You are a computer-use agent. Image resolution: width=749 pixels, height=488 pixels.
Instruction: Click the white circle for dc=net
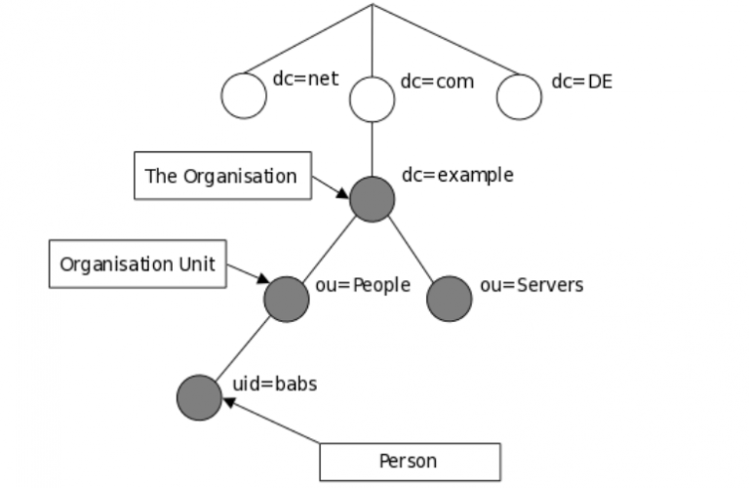click(243, 96)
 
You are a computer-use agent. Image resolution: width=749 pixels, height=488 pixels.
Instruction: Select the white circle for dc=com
click(372, 99)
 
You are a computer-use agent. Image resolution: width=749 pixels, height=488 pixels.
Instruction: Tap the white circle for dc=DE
click(518, 96)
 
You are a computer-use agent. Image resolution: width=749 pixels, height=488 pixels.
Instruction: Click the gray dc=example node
click(372, 199)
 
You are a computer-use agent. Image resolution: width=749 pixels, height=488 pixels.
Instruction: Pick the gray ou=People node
click(287, 299)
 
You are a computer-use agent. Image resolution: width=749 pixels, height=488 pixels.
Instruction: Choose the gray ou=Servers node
click(450, 299)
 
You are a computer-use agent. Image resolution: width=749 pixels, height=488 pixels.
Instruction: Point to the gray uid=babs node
click(200, 397)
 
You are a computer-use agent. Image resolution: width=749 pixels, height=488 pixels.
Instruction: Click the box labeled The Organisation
click(220, 177)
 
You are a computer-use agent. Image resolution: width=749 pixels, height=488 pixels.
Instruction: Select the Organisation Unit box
click(137, 264)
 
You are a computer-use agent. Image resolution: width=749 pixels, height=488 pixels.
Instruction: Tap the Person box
click(409, 461)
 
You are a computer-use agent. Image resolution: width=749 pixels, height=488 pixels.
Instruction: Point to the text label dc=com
click(437, 80)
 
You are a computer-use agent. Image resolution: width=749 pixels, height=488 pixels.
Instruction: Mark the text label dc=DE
click(581, 80)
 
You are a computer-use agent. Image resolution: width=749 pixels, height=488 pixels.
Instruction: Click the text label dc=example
click(457, 176)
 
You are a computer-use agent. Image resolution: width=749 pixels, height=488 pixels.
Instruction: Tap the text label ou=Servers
click(532, 285)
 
